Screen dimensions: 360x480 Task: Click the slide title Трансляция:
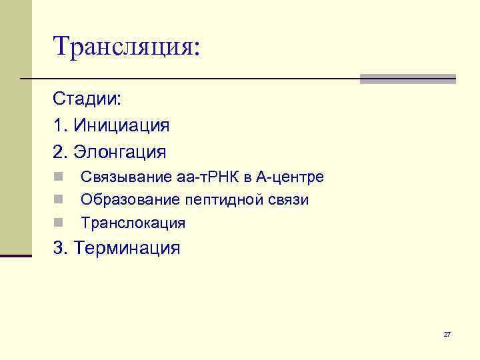click(127, 46)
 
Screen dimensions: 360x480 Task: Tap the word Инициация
click(122, 125)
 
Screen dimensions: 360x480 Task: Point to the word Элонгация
click(120, 151)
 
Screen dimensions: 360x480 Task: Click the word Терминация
click(127, 249)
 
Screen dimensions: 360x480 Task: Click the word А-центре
click(290, 178)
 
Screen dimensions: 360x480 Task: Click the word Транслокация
click(133, 223)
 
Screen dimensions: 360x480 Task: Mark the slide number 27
click(447, 334)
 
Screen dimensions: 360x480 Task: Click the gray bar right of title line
click(407, 79)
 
